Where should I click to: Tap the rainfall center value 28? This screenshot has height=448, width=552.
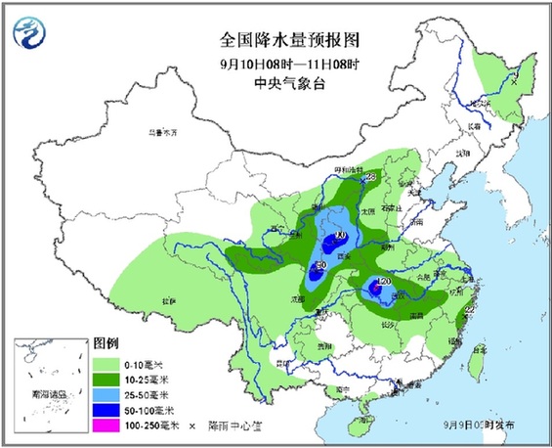pos(370,177)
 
